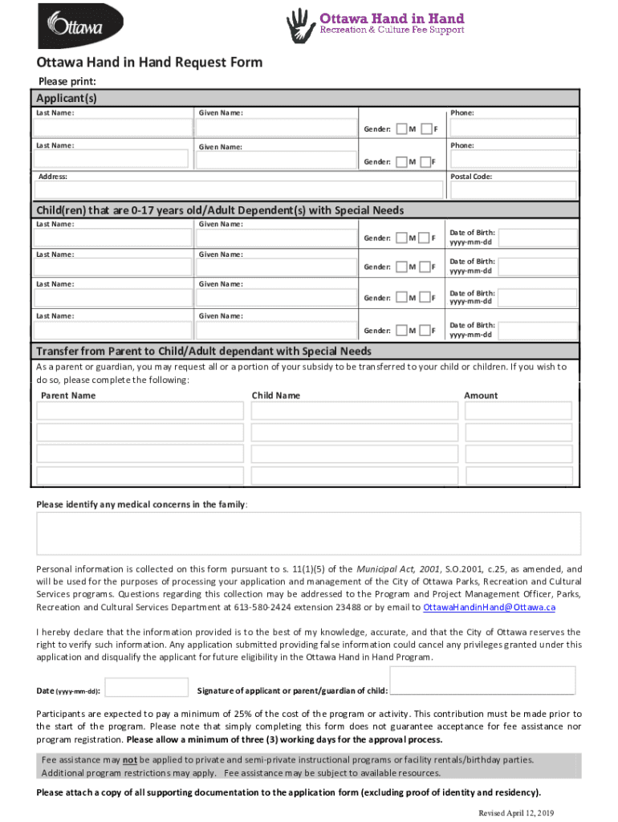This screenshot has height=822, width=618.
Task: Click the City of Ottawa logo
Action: pyautogui.click(x=70, y=26)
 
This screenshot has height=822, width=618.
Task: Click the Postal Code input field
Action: pyautogui.click(x=513, y=189)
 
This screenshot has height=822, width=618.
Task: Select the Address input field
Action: pyautogui.click(x=238, y=189)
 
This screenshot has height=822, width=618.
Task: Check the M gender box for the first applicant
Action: pyautogui.click(x=402, y=128)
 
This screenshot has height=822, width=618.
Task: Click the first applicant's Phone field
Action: pyautogui.click(x=513, y=128)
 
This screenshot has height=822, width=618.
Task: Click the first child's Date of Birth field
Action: pyautogui.click(x=539, y=238)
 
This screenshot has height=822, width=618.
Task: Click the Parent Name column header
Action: pyautogui.click(x=68, y=396)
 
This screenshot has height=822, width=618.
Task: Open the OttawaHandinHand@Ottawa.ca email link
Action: pyautogui.click(x=489, y=607)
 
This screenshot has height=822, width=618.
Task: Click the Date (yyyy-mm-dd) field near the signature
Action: pyautogui.click(x=147, y=688)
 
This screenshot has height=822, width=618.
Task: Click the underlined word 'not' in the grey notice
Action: pyautogui.click(x=128, y=760)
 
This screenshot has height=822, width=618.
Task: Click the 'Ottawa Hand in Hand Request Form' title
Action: pyautogui.click(x=149, y=63)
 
